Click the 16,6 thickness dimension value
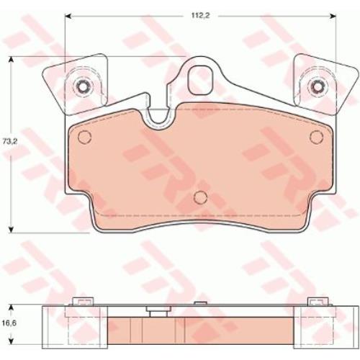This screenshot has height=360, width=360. (9, 323)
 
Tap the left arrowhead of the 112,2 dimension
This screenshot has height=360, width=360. (69, 16)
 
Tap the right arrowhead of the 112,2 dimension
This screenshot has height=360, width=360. (333, 16)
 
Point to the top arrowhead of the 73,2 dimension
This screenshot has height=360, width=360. (10, 60)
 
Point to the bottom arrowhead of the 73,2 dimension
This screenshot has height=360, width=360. (10, 230)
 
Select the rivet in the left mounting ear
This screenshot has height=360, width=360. (82, 86)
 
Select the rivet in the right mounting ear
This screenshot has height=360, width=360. (317, 86)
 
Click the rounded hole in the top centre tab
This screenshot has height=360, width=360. (201, 80)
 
